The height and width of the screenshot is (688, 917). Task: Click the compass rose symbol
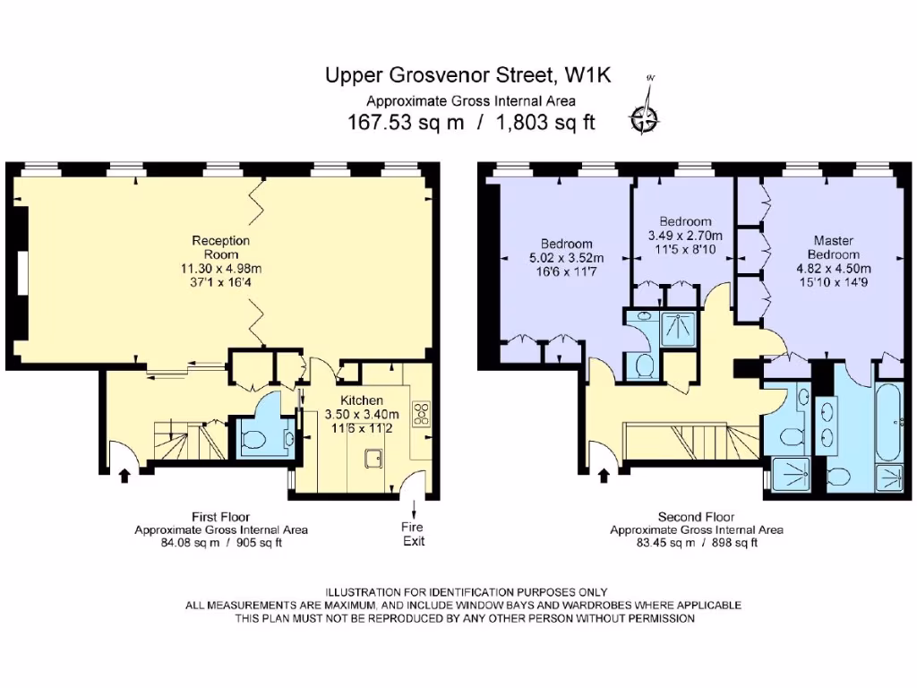[645, 119]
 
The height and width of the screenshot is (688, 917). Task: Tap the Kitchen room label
[362, 400]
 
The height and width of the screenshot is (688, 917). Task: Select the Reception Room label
[221, 247]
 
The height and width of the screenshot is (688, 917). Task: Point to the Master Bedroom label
[834, 247]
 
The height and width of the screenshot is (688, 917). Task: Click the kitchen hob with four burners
[421, 413]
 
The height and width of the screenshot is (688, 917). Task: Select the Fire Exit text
[413, 534]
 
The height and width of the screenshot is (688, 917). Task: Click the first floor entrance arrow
[124, 475]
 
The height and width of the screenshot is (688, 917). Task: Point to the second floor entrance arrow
[604, 475]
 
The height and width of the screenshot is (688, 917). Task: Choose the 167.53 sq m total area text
[406, 122]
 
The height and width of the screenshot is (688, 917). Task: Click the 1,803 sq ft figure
[545, 122]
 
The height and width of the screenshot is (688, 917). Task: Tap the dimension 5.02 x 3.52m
[566, 258]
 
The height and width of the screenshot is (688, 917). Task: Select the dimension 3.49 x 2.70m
[685, 236]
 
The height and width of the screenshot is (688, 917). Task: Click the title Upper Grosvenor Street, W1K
[467, 75]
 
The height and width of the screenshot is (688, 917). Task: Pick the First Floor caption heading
[220, 517]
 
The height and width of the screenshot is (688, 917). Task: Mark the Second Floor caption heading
[696, 517]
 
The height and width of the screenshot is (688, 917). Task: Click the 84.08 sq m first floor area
[191, 543]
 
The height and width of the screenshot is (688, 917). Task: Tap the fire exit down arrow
[414, 507]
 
